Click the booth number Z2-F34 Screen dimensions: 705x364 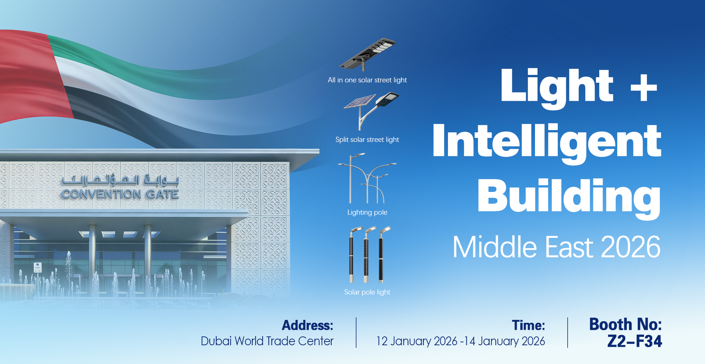pos(635,341)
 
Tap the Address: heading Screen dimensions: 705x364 pos(308,325)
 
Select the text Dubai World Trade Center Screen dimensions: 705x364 pos(267,341)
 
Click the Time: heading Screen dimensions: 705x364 pos(528,325)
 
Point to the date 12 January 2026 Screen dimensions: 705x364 pos(417,341)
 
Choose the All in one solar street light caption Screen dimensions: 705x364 pos(367,80)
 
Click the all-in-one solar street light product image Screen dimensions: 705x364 pos(368,54)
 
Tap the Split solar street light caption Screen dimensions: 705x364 pos(367,140)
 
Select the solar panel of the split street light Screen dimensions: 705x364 pos(360,101)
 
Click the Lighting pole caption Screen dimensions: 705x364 pos(367,213)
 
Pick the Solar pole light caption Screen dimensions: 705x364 pos(367,292)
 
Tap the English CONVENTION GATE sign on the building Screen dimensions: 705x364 pos(120,194)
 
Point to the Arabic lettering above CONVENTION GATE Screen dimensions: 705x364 pos(120,180)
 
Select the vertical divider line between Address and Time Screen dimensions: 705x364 pos(356,333)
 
